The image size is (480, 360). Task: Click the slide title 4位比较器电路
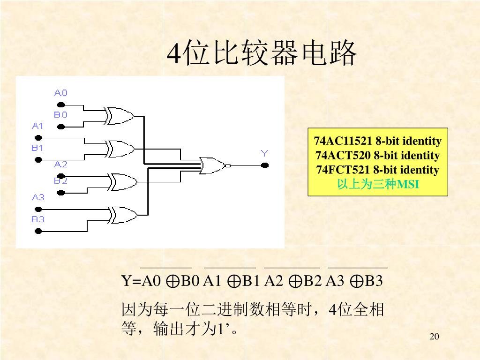click(262, 54)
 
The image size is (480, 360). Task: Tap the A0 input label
click(61, 93)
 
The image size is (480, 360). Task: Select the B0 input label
click(60, 114)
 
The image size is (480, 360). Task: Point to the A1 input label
click(37, 126)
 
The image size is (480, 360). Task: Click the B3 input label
click(38, 219)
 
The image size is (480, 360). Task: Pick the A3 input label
click(38, 197)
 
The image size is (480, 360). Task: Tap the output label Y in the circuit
click(264, 153)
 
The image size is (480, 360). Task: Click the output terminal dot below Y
click(265, 165)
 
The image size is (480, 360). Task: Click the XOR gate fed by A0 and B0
click(119, 116)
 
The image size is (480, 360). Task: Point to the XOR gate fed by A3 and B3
click(123, 215)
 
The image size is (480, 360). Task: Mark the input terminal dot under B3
click(38, 231)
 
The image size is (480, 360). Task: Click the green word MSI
click(408, 184)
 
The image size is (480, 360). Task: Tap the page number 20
click(434, 337)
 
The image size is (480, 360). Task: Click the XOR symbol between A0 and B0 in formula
click(172, 282)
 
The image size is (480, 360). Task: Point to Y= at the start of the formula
click(132, 281)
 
